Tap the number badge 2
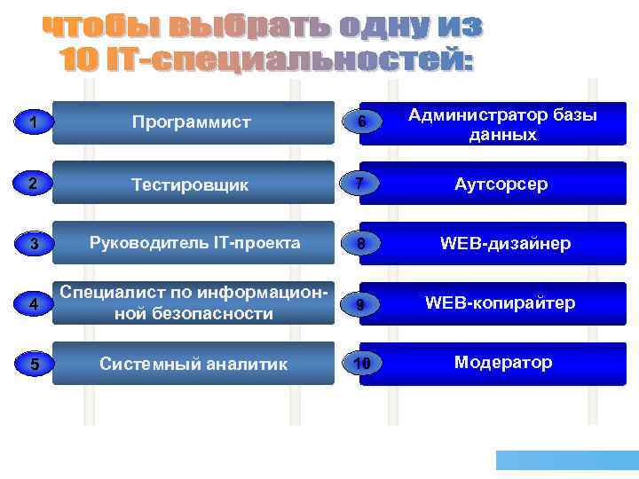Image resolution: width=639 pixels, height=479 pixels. click(x=33, y=184)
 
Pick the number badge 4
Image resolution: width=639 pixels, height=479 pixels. click(x=33, y=303)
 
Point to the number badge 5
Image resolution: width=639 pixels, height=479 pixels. click(x=33, y=364)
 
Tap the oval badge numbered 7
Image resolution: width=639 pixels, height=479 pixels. click(x=360, y=184)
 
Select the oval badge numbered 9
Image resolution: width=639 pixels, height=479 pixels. click(x=360, y=303)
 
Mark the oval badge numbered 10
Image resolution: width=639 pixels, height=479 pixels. click(x=360, y=364)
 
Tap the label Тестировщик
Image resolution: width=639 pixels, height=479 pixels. click(x=190, y=185)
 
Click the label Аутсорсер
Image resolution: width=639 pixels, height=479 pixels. click(x=501, y=184)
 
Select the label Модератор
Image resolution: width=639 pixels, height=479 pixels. click(x=502, y=362)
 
